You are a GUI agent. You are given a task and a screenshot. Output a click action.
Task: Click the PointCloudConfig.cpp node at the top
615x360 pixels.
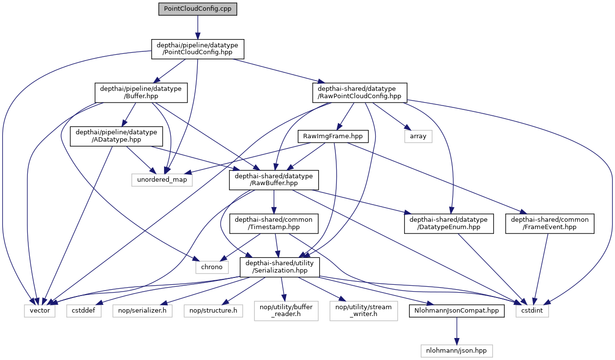coord(198,9)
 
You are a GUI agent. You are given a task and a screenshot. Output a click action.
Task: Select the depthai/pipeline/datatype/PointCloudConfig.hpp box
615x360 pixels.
coord(198,49)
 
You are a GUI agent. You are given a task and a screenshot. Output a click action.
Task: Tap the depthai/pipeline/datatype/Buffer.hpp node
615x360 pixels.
coord(141,92)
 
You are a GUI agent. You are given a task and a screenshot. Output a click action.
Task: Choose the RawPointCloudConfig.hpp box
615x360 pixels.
coord(360,92)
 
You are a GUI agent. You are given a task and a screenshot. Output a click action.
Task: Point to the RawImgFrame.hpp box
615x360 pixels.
coord(333,136)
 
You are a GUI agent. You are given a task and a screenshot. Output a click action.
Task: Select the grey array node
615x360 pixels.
coord(418,136)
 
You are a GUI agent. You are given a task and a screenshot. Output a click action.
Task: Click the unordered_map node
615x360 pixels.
coord(162,180)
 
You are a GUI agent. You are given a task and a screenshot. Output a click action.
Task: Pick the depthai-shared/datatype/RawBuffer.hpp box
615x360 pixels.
coord(274,180)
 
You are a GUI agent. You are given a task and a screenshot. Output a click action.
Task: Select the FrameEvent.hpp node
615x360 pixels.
coord(550,223)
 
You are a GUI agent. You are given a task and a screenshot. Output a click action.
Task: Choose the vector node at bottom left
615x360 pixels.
coord(41,310)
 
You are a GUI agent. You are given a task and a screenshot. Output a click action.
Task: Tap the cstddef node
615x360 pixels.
coord(84,310)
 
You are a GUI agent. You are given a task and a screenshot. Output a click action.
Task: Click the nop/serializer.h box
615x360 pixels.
coord(143,310)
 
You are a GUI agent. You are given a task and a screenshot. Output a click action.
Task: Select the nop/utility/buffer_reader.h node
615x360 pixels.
coord(286,310)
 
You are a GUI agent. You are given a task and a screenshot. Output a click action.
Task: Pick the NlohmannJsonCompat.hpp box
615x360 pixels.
coord(457,310)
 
